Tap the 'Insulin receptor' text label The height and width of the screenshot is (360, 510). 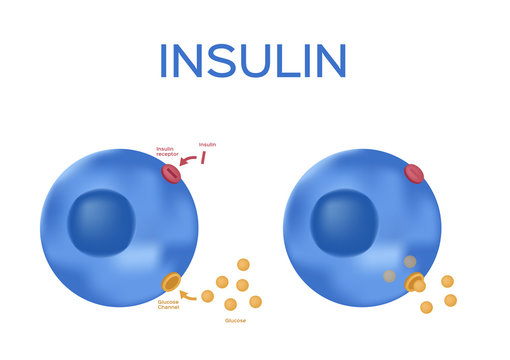167,152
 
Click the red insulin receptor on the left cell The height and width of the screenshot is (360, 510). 172,174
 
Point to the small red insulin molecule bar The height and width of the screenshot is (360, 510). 203,158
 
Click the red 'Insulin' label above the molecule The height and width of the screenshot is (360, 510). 207,144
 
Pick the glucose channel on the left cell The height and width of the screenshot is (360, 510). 172,282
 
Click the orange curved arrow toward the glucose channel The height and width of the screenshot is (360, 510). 188,294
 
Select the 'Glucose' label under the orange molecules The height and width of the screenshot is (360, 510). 235,320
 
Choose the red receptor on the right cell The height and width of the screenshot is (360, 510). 414,174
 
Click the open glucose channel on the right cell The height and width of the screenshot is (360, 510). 415,283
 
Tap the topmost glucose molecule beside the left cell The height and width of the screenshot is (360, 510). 243,264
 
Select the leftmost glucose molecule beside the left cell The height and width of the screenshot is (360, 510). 207,296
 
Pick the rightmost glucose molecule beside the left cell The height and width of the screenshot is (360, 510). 255,301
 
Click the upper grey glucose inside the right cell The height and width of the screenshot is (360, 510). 409,262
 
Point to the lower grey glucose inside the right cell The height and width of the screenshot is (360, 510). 389,276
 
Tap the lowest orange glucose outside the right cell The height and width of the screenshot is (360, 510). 427,307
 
